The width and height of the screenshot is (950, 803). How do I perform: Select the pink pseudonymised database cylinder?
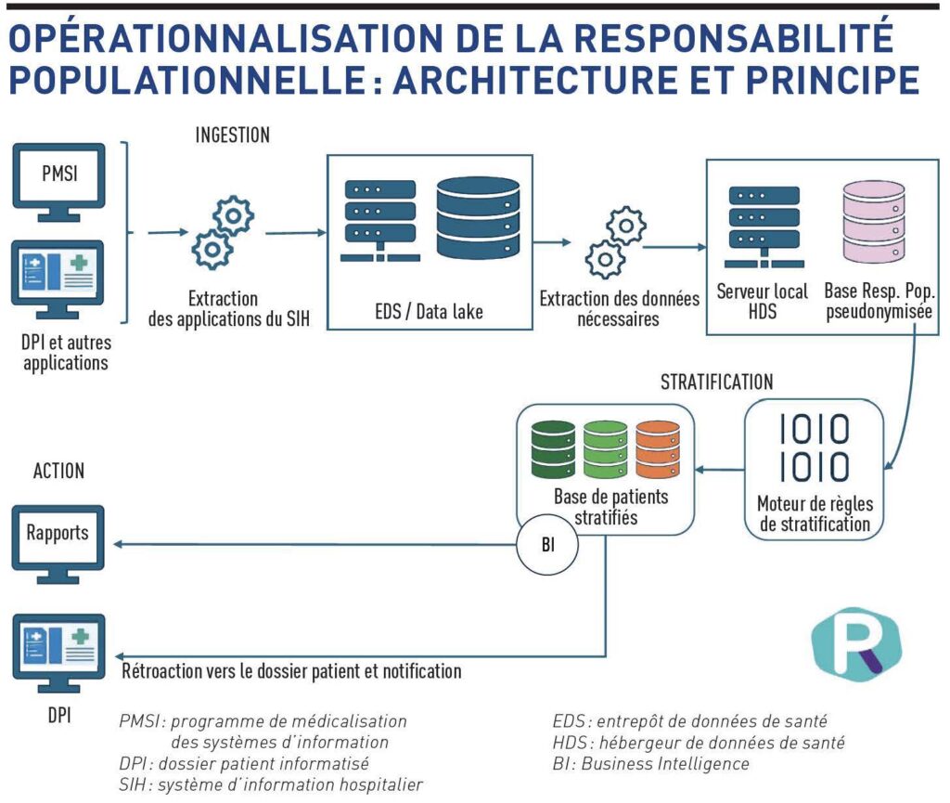[x=873, y=222]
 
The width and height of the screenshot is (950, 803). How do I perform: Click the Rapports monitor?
[x=58, y=539]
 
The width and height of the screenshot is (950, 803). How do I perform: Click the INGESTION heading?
[x=232, y=136]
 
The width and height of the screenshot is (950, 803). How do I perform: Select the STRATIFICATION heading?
[x=717, y=382]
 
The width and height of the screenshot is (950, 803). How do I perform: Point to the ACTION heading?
[x=58, y=471]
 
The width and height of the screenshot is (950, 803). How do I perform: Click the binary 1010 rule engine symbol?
[x=813, y=447]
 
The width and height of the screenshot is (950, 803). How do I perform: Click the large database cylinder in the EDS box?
[x=479, y=218]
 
